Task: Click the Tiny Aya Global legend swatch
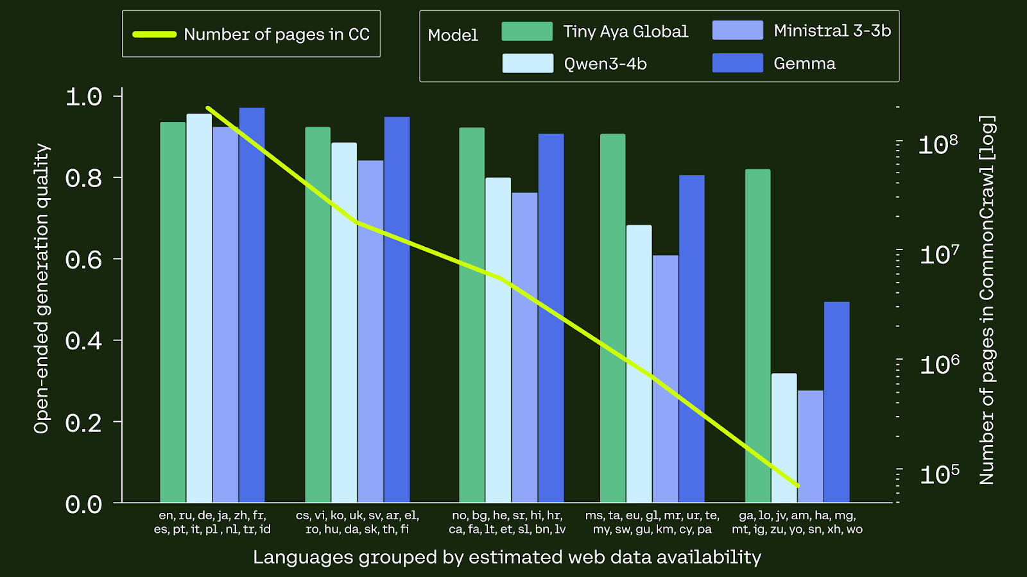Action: tap(527, 31)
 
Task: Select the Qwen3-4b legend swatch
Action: tap(527, 63)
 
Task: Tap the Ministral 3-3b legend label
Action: tap(832, 31)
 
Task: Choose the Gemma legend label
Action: tap(804, 63)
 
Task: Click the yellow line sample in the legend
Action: tap(154, 35)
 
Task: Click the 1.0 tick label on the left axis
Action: tap(83, 97)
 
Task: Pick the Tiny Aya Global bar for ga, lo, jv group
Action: tap(757, 336)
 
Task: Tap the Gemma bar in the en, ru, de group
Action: tap(252, 305)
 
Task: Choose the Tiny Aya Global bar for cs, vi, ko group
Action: tap(318, 315)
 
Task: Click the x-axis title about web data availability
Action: tap(507, 557)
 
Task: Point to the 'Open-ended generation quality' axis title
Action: tap(42, 288)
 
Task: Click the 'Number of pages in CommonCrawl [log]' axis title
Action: tap(987, 299)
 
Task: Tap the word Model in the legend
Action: tap(453, 35)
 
